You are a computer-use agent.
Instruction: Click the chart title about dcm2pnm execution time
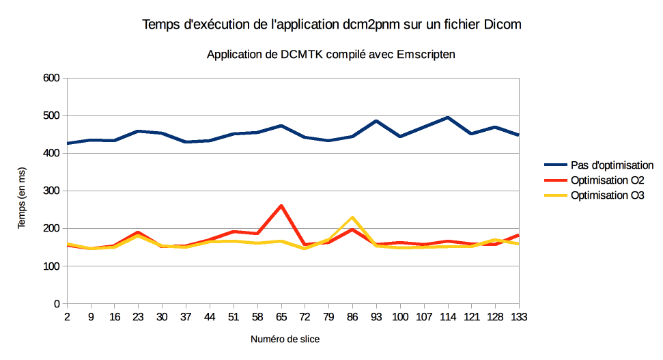tap(331, 25)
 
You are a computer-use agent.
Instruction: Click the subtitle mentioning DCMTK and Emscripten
tap(331, 54)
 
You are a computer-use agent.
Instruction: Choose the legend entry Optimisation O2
tap(602, 180)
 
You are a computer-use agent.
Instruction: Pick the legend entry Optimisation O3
tap(602, 196)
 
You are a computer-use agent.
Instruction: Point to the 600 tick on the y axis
tap(52, 78)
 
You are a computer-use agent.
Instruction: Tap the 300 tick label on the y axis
tap(52, 191)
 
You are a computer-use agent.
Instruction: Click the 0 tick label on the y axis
tap(57, 303)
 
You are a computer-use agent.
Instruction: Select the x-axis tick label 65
tap(281, 317)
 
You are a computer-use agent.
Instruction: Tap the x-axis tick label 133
tap(519, 317)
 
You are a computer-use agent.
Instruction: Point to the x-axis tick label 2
tap(67, 317)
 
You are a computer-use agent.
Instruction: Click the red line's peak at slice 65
tap(281, 206)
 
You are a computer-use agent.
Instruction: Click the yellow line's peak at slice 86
tap(352, 217)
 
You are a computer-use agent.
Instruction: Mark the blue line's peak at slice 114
tap(447, 117)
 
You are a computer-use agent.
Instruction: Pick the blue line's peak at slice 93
tap(376, 121)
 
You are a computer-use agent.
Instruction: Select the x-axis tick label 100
tap(400, 317)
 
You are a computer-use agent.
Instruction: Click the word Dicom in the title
tap(504, 25)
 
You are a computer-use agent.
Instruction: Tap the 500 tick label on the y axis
tap(52, 115)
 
